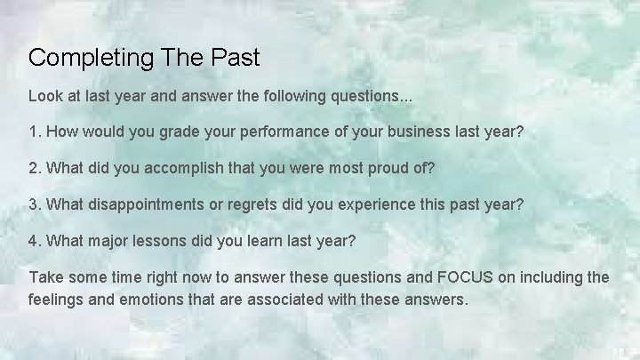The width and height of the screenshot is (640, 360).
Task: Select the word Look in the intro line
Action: (45, 95)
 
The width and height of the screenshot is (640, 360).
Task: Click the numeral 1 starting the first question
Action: (33, 132)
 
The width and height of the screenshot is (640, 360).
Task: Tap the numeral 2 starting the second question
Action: (33, 168)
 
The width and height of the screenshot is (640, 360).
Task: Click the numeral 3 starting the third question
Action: (33, 204)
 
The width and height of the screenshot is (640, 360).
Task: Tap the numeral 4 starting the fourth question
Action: (33, 241)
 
